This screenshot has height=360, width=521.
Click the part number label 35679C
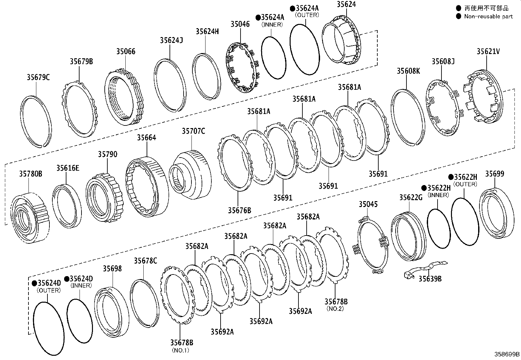[38, 77]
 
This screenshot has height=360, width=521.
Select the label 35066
[126, 51]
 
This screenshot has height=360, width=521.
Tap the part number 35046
[240, 24]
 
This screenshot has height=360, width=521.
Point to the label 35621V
[488, 51]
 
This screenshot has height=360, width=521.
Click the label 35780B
[30, 174]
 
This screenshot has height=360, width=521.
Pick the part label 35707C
[193, 131]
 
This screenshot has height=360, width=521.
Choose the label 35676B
[239, 210]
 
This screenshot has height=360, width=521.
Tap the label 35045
[368, 204]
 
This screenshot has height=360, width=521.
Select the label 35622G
[411, 197]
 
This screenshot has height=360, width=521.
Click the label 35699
[494, 174]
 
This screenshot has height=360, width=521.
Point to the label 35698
[112, 269]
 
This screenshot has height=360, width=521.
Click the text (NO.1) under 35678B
[181, 350]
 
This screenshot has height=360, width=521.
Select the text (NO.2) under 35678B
[335, 309]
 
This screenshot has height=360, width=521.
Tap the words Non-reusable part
[488, 16]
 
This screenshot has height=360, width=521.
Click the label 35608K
[408, 71]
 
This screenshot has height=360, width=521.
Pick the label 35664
[146, 138]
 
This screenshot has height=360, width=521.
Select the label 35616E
[68, 168]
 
